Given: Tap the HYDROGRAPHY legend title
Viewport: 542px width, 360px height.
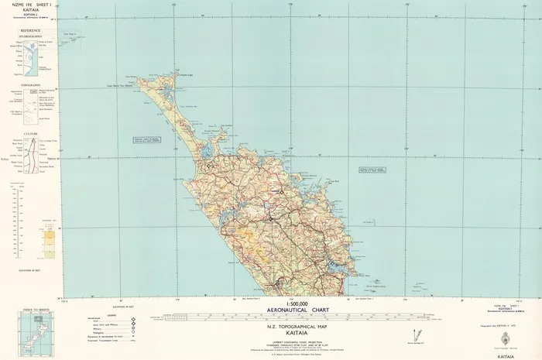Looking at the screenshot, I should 31,36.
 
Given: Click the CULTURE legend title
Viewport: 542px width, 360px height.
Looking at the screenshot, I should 31,134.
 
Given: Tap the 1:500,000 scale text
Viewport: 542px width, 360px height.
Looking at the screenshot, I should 297,303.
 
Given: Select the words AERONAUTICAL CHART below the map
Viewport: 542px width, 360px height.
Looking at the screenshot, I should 297,310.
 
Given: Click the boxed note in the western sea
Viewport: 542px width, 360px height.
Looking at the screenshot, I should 145,140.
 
